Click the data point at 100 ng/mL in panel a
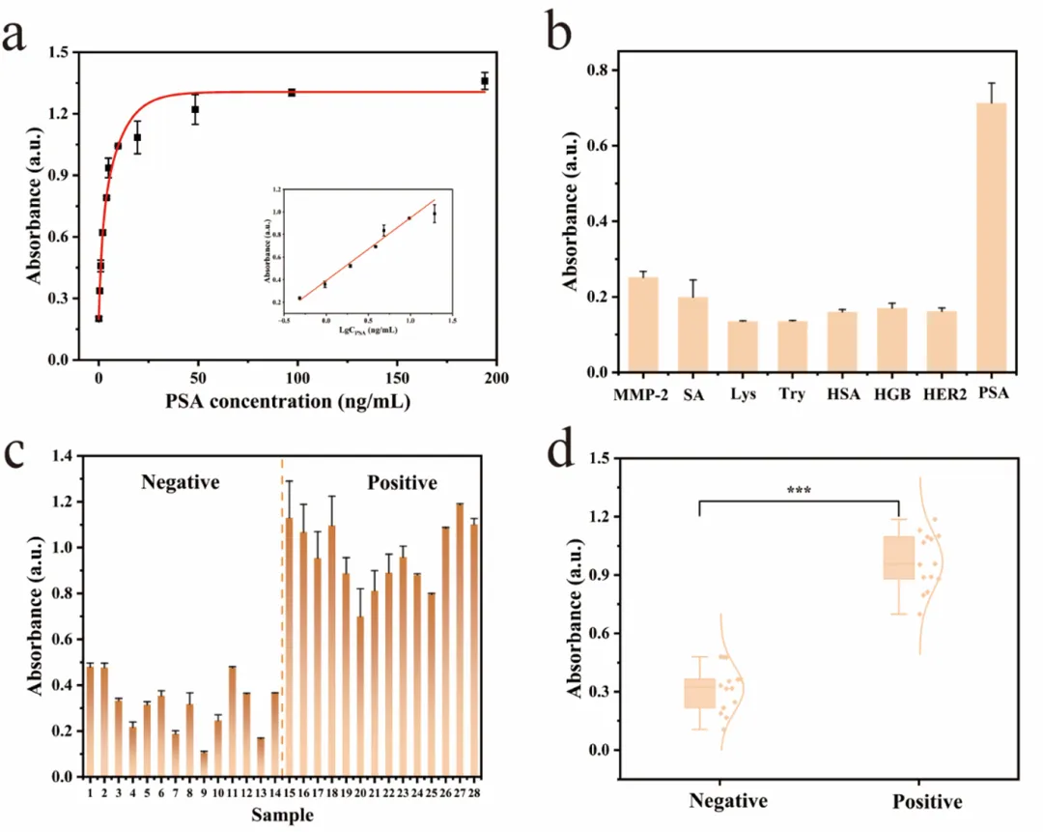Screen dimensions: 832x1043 pos(292,93)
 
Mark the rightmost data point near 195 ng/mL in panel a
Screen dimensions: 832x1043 pos(485,80)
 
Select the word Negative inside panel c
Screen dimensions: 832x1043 pos(180,481)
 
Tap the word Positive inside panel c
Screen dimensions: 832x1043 pos(403,481)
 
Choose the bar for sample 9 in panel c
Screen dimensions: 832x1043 pos(203,763)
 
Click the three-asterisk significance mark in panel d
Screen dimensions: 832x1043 pos(799,490)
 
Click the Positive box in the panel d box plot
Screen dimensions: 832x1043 pos(899,558)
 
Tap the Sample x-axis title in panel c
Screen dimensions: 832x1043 pos(282,816)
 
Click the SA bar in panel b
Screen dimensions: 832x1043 pos(692,334)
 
